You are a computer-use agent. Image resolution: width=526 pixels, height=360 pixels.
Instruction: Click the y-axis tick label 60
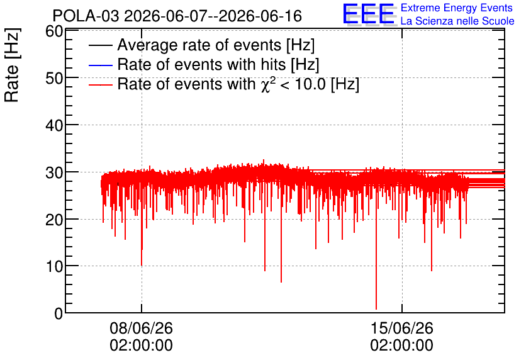pos(54,31)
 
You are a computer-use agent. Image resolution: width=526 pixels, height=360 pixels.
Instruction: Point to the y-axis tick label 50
pos(54,79)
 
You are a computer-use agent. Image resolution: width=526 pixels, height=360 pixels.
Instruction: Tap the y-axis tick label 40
pos(54,126)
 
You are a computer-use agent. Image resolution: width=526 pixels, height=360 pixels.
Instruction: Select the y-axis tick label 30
pos(54,173)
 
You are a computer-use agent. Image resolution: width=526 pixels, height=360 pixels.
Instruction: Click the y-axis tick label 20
pos(54,220)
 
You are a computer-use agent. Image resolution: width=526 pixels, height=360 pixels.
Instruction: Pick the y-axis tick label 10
pos(54,267)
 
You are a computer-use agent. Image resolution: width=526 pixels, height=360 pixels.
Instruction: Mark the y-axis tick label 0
pos(59,314)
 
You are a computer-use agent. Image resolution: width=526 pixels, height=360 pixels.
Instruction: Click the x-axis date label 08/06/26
pos(141,328)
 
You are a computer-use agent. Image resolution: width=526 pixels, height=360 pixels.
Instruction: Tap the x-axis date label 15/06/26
pos(402,328)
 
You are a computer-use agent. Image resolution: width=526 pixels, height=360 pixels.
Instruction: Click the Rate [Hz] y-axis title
pos(12,65)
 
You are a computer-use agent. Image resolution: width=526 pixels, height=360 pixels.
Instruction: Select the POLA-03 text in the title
pos(86,16)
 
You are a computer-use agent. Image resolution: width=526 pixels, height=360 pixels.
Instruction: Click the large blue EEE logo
pos(369,14)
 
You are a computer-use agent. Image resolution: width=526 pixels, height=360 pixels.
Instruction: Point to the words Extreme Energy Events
pos(457,8)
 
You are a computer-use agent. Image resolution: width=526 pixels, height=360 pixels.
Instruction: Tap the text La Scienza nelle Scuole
pos(457,21)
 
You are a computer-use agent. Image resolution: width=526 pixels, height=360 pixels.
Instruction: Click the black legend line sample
pos(100,45)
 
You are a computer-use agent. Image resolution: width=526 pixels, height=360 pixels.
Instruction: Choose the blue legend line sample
pos(100,65)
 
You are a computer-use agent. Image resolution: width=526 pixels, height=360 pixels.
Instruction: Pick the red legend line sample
pos(100,85)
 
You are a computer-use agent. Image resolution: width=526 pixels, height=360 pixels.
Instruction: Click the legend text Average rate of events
pos(199,45)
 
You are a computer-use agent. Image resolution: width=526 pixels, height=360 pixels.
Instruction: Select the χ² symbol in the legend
pos(266,84)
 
